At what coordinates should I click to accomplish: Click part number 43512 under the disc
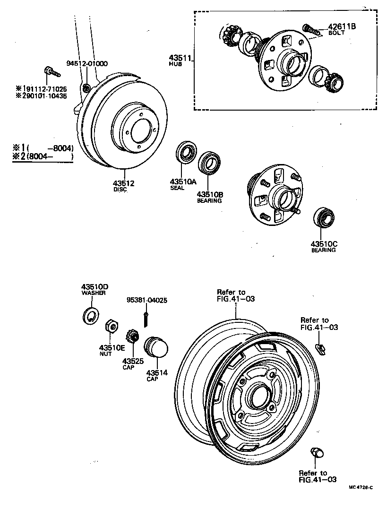(123, 183)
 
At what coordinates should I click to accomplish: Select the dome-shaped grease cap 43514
(156, 349)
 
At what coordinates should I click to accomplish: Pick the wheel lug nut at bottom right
(317, 453)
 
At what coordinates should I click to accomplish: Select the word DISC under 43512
(120, 190)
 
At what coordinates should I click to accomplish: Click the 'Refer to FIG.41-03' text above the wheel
(236, 295)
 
